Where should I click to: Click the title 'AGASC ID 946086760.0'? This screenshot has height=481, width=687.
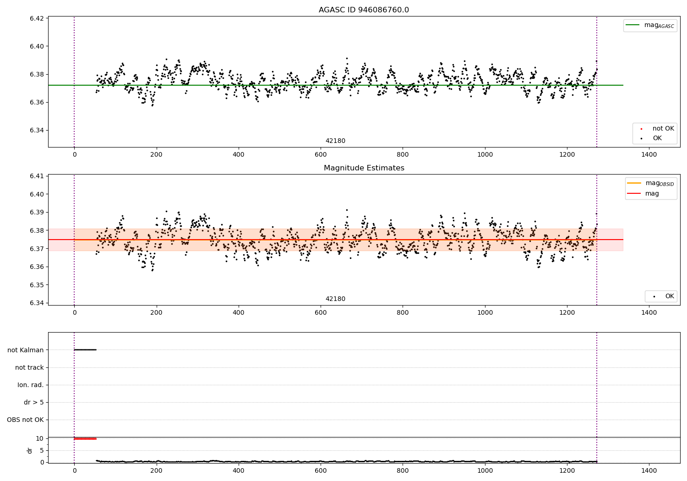(364, 10)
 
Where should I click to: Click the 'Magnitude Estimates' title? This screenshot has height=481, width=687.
(364, 168)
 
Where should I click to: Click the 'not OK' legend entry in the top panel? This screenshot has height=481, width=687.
(663, 129)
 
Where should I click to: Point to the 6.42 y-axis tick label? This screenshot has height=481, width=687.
(37, 18)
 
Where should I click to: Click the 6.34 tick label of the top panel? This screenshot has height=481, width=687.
(37, 131)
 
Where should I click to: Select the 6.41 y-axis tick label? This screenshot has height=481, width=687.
(37, 176)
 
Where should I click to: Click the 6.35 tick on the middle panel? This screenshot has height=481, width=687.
(37, 285)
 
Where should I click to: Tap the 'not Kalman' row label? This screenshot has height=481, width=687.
(26, 350)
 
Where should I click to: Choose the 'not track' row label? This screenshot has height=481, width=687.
(29, 367)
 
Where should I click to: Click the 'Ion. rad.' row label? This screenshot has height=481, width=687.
(31, 385)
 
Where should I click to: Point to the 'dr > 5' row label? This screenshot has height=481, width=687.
(34, 402)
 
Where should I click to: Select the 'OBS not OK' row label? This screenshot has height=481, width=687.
(26, 420)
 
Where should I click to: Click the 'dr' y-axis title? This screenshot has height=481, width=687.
(30, 450)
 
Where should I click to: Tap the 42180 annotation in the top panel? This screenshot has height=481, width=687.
(335, 141)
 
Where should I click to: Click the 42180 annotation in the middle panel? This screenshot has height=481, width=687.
(335, 299)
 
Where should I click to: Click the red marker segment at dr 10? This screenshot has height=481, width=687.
(85, 439)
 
